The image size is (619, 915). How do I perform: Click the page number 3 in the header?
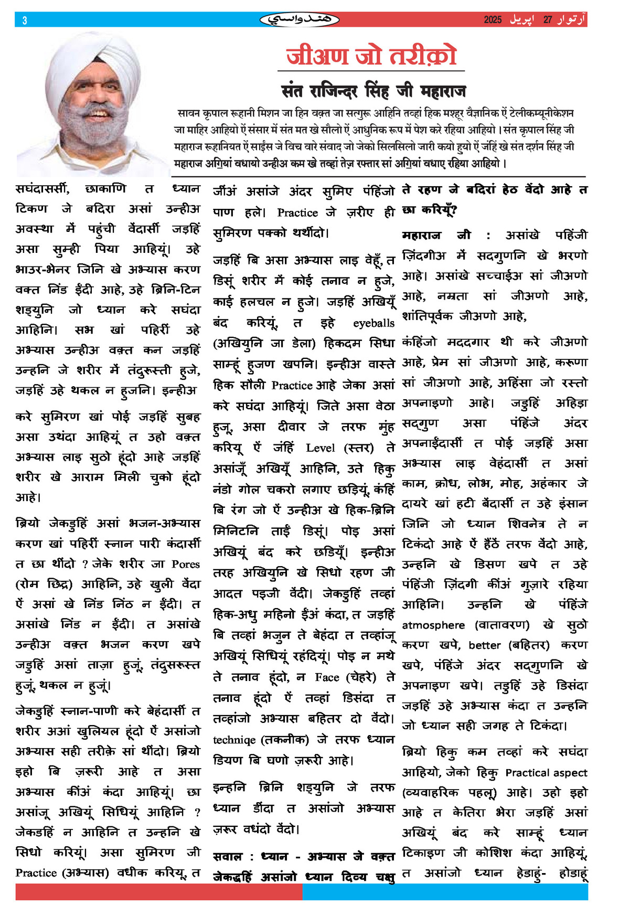pyautogui.click(x=25, y=20)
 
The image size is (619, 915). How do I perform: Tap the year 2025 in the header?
pyautogui.click(x=493, y=20)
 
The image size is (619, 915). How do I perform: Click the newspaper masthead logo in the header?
pyautogui.click(x=300, y=20)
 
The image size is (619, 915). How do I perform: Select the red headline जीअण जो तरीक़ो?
pyautogui.click(x=371, y=56)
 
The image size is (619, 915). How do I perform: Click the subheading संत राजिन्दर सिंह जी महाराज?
pyautogui.click(x=373, y=91)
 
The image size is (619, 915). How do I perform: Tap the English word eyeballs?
pyautogui.click(x=373, y=323)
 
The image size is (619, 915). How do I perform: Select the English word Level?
pyautogui.click(x=321, y=448)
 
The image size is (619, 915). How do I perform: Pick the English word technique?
pyautogui.click(x=234, y=740)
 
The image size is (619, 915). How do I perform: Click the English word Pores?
pyautogui.click(x=186, y=565)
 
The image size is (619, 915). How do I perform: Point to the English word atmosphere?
pyautogui.click(x=433, y=625)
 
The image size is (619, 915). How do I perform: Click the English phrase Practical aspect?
pyautogui.click(x=546, y=773)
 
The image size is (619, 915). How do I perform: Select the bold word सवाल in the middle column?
pyautogui.click(x=228, y=857)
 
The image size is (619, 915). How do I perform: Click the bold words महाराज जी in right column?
pyautogui.click(x=436, y=236)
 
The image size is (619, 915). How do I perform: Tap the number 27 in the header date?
pyautogui.click(x=548, y=20)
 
